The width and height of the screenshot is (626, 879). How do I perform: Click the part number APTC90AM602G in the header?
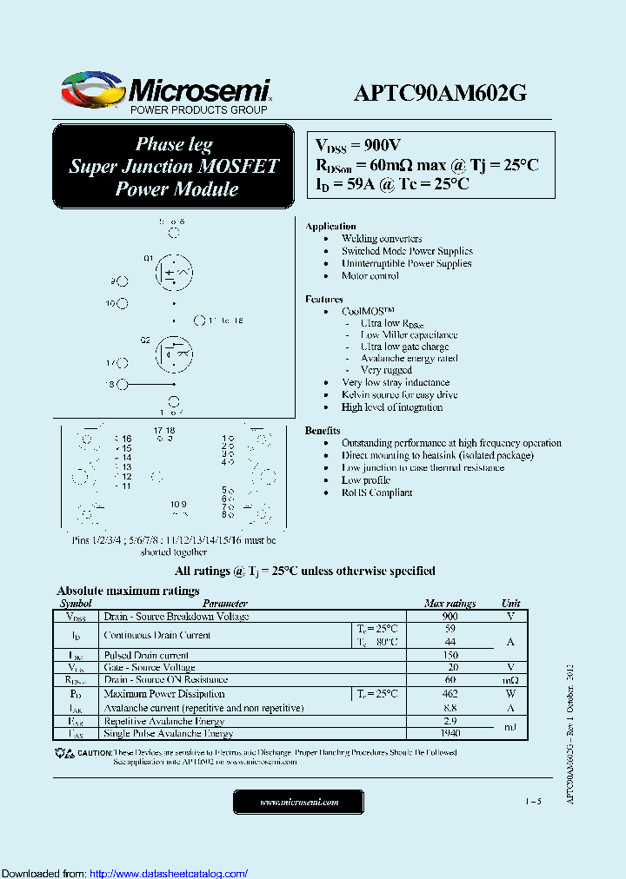(x=440, y=93)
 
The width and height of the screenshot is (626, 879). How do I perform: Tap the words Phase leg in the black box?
(x=174, y=144)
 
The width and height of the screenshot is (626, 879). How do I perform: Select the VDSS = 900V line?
(x=357, y=146)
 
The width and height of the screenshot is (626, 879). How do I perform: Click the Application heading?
(x=330, y=226)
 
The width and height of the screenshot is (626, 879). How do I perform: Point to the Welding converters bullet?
(x=382, y=239)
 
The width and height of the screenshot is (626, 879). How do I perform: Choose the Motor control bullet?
(x=370, y=276)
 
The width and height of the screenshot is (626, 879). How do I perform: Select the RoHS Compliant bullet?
(x=376, y=492)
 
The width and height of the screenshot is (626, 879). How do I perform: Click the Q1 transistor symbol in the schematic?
(x=174, y=273)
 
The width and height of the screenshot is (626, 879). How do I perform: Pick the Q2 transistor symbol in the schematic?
(x=174, y=353)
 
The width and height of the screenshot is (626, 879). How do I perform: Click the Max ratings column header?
(x=450, y=603)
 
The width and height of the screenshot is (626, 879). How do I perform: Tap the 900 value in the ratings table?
(x=450, y=616)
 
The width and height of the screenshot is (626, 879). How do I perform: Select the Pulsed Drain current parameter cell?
(x=146, y=656)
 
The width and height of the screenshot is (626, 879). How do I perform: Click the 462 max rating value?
(x=450, y=694)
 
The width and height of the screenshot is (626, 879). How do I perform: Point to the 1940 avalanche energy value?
(x=450, y=733)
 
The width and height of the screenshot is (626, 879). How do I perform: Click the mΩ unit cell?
(x=510, y=680)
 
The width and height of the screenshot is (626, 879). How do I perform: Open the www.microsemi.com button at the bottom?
(x=299, y=803)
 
